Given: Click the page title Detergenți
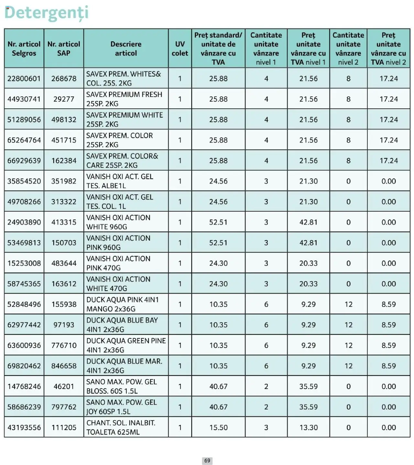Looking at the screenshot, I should point(46,13).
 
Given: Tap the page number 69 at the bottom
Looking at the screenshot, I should point(207,460).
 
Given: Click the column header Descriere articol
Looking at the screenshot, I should point(126,49).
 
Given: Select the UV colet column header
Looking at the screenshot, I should point(180,49).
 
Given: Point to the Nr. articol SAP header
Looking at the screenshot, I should point(64,49).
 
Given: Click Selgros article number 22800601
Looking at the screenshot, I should point(24,79).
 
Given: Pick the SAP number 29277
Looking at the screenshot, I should point(64,99).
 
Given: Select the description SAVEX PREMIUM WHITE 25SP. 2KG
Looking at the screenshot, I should point(125,120).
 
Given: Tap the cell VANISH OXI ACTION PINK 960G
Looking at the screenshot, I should point(118,243).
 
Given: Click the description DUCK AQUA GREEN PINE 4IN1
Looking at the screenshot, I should point(126,345).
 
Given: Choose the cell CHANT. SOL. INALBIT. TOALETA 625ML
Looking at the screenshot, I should point(121,427).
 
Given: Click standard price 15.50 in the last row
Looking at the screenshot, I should point(218,427).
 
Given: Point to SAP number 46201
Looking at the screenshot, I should point(64,386).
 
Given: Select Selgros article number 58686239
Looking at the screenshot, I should point(24,407).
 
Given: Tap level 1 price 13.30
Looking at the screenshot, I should point(308,427).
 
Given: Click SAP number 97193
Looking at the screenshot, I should point(64,325).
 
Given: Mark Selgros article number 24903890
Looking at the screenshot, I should point(24,222).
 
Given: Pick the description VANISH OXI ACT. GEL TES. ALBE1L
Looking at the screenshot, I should point(120,181).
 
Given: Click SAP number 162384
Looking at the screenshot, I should point(64,161).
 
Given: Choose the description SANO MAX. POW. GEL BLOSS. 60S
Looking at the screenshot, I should point(121,386).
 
